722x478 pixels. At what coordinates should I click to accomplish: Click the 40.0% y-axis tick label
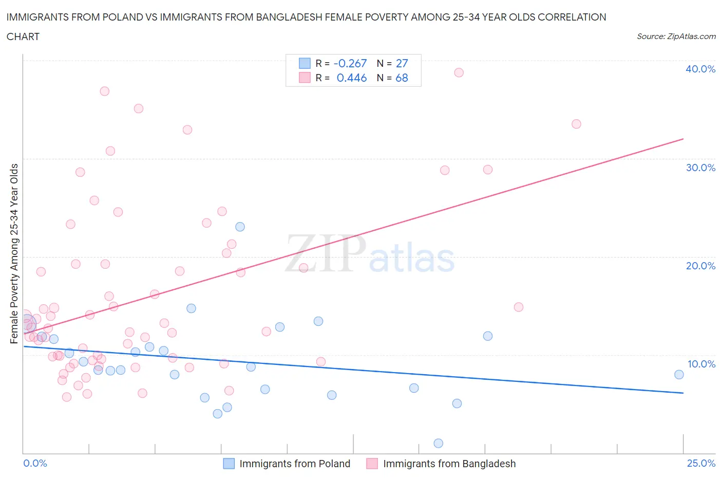point(700,69)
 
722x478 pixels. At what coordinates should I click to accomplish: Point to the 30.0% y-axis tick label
point(700,168)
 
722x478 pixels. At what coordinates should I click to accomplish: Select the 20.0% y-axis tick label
point(700,266)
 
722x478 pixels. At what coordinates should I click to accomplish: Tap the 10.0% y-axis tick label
point(701,364)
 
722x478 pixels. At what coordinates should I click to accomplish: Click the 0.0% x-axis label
point(35,463)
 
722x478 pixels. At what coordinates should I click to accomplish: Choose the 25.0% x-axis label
point(701,463)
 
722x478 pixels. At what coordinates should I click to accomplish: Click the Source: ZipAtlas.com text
point(676,36)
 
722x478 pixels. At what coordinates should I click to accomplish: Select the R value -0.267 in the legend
point(350,63)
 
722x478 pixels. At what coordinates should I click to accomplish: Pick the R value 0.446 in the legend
point(352,78)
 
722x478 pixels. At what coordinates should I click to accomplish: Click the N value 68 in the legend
point(402,78)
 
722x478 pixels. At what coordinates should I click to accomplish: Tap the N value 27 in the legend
point(402,63)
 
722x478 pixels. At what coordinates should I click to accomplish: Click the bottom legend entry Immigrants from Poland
point(295,464)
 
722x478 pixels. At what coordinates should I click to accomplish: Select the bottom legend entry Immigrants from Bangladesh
point(449,464)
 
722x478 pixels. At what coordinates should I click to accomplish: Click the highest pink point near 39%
point(459,72)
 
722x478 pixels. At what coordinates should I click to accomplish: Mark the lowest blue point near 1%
point(438,443)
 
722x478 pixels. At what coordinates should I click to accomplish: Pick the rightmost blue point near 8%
point(679,374)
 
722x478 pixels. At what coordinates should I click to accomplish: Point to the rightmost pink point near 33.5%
point(576,124)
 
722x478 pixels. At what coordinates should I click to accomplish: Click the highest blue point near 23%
point(240,227)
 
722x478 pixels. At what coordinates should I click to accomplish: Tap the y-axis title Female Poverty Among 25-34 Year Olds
point(14,253)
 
